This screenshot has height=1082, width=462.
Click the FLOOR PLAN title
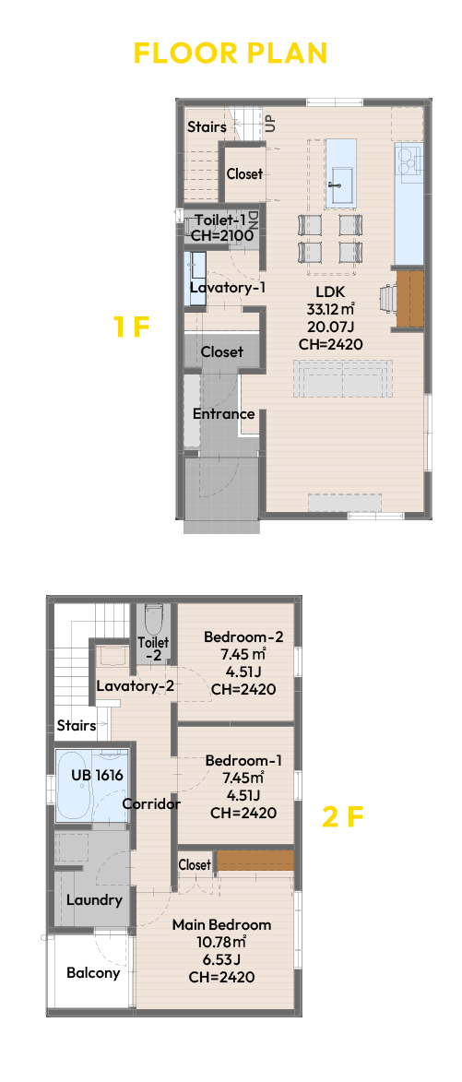[x=231, y=54]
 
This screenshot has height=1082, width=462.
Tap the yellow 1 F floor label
[x=131, y=327]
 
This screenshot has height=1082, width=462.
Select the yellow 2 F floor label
[x=342, y=817]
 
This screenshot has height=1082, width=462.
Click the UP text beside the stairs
[x=269, y=124]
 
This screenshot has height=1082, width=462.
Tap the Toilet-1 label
[x=220, y=220]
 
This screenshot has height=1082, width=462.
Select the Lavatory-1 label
[x=228, y=287]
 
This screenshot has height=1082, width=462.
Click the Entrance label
[x=223, y=414]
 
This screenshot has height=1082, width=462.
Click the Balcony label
[x=93, y=973]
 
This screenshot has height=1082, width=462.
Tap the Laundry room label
[x=94, y=899]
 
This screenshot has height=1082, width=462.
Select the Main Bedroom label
[x=221, y=924]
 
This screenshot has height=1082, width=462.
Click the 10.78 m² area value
[x=221, y=941]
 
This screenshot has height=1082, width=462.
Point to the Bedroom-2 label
[x=243, y=636]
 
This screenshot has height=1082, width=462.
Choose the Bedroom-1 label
[x=243, y=760]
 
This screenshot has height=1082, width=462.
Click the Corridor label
[x=152, y=804]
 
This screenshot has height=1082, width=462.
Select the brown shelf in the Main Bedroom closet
[x=255, y=861]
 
